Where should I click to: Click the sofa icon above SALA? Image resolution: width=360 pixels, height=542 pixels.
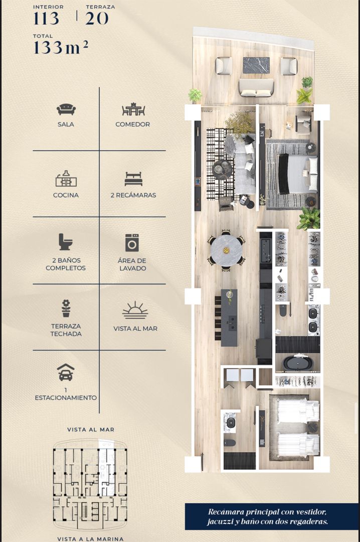click(x=66, y=109)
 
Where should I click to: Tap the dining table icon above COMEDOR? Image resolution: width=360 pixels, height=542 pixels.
click(x=133, y=109)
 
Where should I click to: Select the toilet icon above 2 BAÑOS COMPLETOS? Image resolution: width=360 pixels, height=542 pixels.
click(x=65, y=241)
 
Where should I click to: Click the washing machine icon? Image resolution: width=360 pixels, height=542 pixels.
click(x=132, y=243)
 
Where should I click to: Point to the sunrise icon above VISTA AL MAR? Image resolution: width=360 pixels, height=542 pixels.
click(x=135, y=310)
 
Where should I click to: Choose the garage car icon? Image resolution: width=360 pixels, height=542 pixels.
click(x=66, y=372)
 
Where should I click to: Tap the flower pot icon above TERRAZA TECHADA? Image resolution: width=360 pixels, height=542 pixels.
click(x=66, y=308)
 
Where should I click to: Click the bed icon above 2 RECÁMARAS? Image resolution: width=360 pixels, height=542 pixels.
click(x=133, y=179)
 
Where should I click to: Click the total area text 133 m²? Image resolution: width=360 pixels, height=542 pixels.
click(x=61, y=47)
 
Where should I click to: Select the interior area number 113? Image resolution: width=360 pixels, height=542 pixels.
click(x=46, y=18)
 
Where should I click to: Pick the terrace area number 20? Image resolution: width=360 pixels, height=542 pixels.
click(x=97, y=18)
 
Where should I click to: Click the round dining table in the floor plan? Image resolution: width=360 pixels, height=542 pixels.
click(x=226, y=250)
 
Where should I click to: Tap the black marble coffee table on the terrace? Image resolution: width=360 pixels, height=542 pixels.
click(x=256, y=65)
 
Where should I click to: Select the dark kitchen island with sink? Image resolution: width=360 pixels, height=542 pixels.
click(x=229, y=318)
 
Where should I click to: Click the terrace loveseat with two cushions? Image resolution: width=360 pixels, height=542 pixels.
click(x=256, y=88)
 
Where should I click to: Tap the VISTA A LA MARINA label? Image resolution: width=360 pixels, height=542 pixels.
click(x=90, y=538)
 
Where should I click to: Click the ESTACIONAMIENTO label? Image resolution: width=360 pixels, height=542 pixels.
click(x=66, y=397)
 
